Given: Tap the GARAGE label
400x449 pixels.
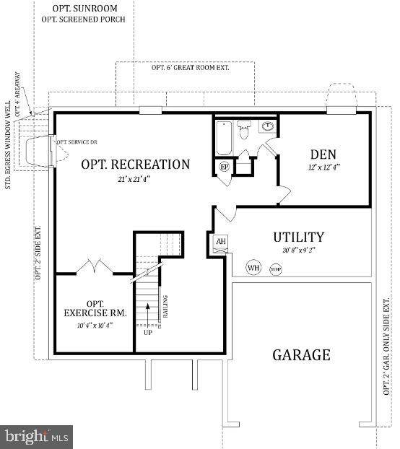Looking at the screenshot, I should coord(301,354).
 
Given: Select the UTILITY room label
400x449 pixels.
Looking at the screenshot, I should coord(298,237).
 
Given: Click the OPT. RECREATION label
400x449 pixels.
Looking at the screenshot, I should coord(135,165).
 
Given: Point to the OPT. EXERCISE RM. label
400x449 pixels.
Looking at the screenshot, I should coord(95,308).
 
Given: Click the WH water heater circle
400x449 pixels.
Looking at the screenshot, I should coord(253,268).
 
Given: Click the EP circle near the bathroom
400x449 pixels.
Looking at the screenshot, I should coord(225,167).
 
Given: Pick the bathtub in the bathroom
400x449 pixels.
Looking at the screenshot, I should coord(223,138).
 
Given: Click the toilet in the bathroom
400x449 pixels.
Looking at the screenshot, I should coord(244,129).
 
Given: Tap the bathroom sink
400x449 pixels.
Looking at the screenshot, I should coord(267,126).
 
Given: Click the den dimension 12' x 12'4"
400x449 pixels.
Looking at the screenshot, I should coord(325,167).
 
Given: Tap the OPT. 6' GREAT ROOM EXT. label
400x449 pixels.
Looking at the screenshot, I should coord(185,68).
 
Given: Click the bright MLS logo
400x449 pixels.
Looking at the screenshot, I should coord(36,436).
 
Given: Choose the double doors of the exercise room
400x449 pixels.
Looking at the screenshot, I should coord(93,266).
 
